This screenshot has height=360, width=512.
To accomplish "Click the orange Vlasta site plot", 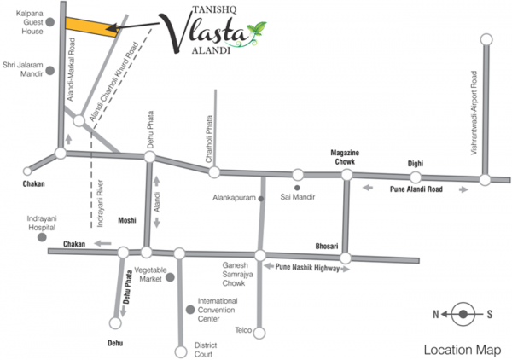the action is click(x=90, y=26).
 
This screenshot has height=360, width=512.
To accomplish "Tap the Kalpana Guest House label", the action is click(x=26, y=20).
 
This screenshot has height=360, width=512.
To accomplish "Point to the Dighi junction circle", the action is click(x=416, y=177).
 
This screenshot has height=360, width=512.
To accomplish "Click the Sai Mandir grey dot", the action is click(x=296, y=187).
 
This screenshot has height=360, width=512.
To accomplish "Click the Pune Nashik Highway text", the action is click(x=307, y=267).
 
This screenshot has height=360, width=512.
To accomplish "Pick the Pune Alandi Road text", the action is click(x=416, y=190).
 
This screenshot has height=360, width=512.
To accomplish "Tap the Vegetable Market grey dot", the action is click(x=170, y=277).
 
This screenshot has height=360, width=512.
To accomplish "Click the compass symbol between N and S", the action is click(x=463, y=315).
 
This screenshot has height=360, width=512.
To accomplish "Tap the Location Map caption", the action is click(x=461, y=350).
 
